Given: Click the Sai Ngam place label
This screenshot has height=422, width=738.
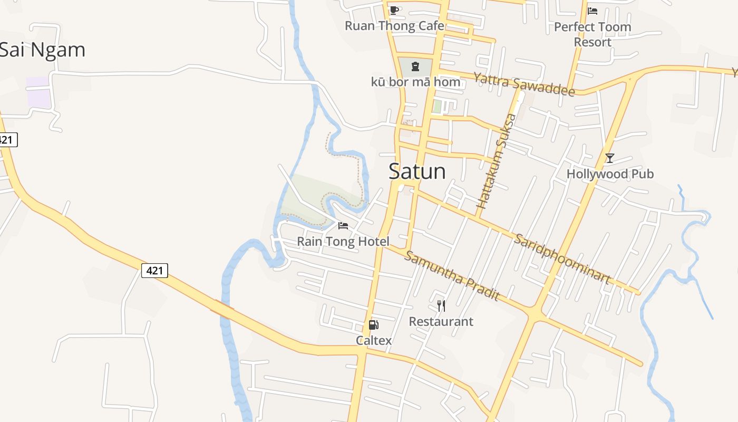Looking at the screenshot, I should [x=42, y=50].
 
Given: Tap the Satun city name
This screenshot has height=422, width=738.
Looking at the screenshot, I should [x=417, y=171].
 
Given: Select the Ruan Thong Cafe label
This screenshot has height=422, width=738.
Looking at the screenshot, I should [x=394, y=26].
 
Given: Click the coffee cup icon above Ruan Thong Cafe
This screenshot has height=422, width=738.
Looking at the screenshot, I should [x=394, y=10].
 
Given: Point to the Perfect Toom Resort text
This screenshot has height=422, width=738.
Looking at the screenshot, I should [x=593, y=34].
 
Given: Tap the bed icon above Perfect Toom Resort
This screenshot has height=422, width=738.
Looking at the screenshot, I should [x=593, y=11].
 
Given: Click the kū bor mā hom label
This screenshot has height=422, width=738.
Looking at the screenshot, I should [x=415, y=82].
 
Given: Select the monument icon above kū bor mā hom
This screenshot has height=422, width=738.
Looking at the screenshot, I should [x=415, y=66].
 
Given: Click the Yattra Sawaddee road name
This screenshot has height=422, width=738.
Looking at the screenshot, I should [x=523, y=84].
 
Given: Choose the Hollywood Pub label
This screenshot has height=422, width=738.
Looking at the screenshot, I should [x=610, y=174].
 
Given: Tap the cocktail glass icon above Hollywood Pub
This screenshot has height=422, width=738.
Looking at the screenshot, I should [x=610, y=158].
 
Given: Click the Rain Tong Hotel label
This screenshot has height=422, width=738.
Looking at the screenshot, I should [x=343, y=242].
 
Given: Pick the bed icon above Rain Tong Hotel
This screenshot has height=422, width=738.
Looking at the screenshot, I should [x=343, y=226].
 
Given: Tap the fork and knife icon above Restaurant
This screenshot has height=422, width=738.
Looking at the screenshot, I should [x=441, y=305].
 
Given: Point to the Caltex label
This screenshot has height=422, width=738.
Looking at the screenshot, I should [x=374, y=340].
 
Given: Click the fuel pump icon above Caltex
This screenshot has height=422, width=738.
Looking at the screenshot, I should [x=374, y=325].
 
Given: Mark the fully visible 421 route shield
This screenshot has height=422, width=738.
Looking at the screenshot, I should [x=154, y=271].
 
